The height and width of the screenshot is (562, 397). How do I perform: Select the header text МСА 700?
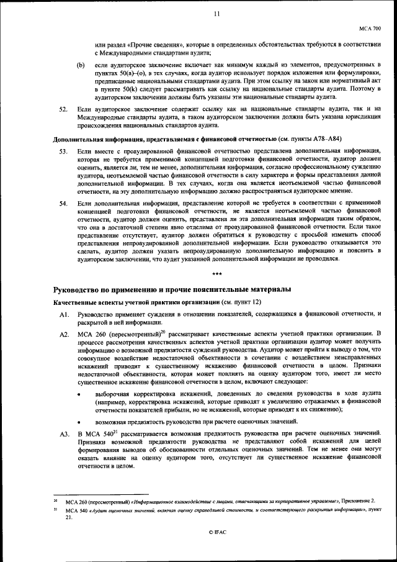coord(371,29)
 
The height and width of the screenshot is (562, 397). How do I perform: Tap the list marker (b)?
coord(81,65)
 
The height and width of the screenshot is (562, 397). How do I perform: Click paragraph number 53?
coord(63,152)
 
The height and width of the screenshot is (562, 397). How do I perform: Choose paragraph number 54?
coord(63,203)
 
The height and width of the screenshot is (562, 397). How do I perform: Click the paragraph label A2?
coord(63,335)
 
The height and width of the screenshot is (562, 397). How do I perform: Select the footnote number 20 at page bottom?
coord(55,499)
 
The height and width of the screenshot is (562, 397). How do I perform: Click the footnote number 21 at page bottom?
coord(55,509)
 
